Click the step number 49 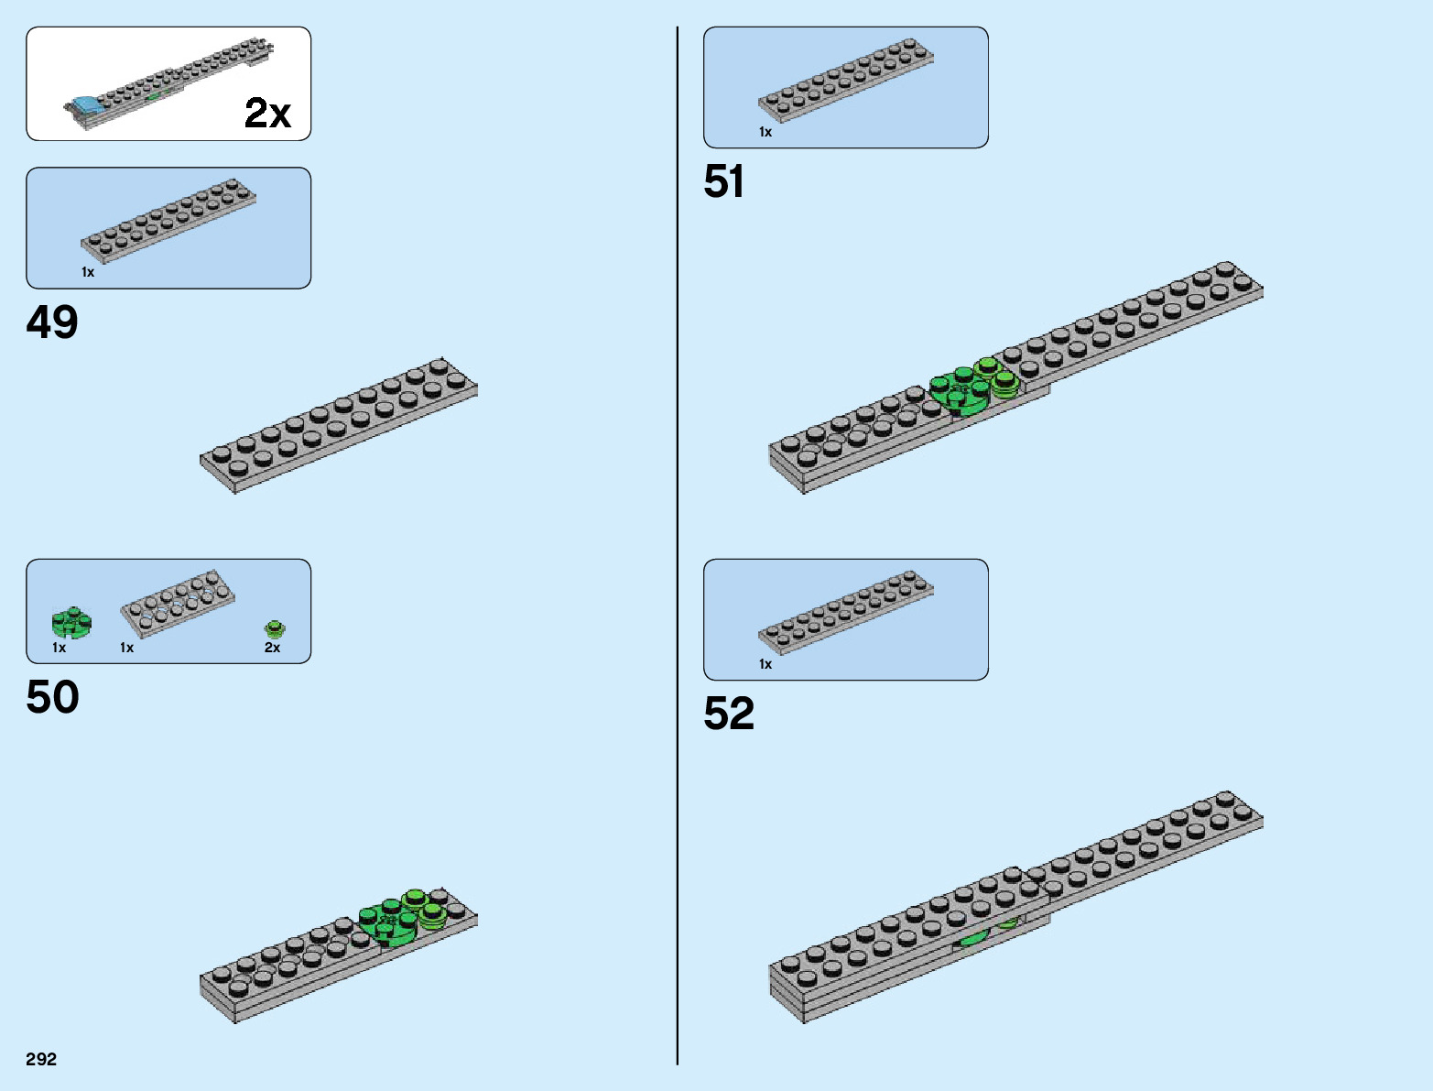[52, 322]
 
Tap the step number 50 [52, 698]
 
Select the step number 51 [723, 182]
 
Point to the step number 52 [729, 715]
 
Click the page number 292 [41, 1060]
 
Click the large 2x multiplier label [267, 114]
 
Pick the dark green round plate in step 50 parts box [71, 623]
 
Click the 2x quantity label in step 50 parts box [272, 648]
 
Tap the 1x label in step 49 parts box [88, 272]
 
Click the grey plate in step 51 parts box [845, 80]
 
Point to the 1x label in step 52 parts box [765, 664]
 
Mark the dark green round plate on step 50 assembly [388, 922]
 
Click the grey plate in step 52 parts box [845, 612]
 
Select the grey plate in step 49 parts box [168, 221]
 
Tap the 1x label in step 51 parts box [765, 132]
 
